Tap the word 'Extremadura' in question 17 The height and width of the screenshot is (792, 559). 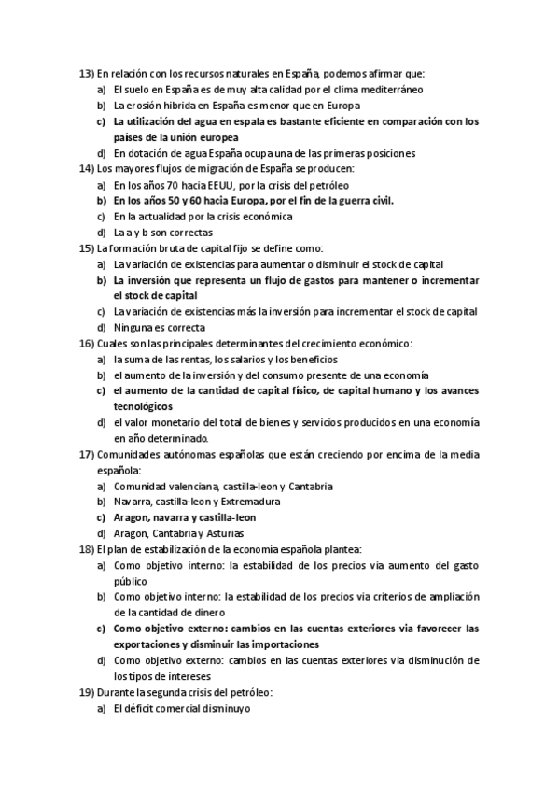coord(249,502)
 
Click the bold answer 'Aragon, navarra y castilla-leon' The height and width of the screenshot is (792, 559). coord(185,517)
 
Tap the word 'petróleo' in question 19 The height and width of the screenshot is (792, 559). coord(246,692)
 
